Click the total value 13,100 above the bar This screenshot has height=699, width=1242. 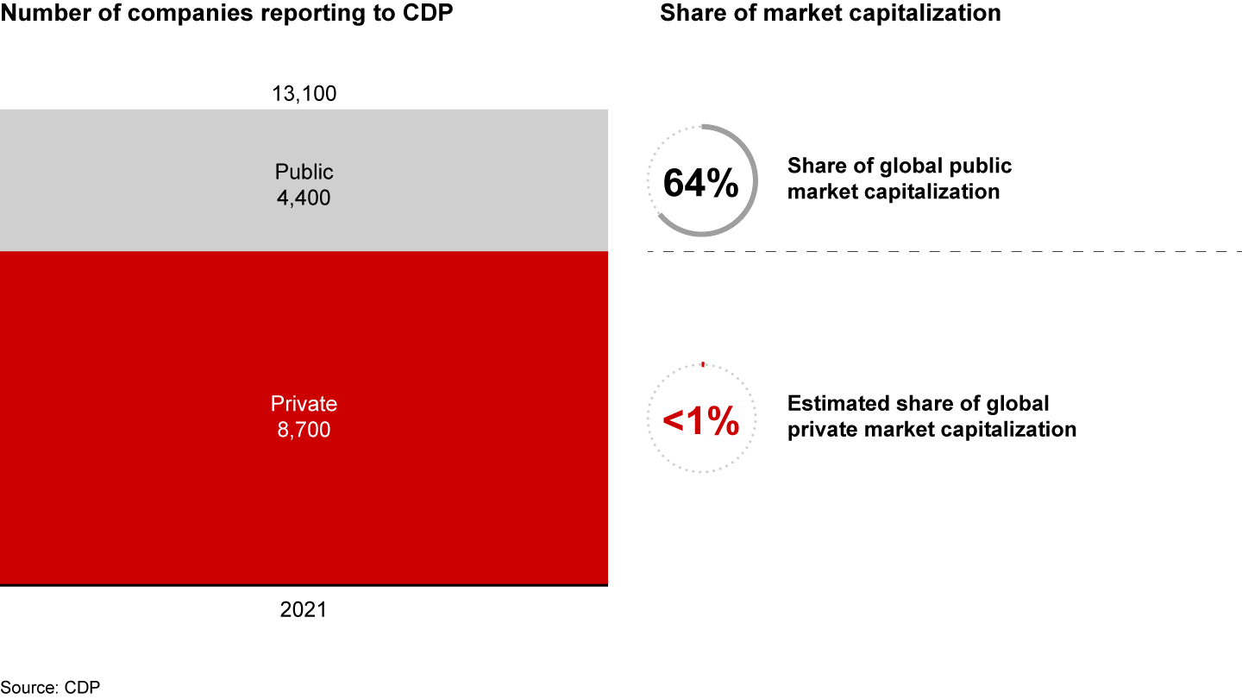[304, 93]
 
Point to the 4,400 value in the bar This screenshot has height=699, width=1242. [304, 198]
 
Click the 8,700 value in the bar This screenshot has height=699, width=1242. [304, 429]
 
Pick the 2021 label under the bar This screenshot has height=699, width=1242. [304, 609]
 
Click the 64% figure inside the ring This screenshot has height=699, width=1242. [700, 184]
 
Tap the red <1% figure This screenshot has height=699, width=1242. [700, 421]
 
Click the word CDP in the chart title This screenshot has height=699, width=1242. [430, 13]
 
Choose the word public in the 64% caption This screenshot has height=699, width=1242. [982, 166]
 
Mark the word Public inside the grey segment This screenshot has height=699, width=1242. [304, 171]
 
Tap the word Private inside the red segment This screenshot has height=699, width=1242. [304, 404]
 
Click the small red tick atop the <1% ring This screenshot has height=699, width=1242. [703, 364]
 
